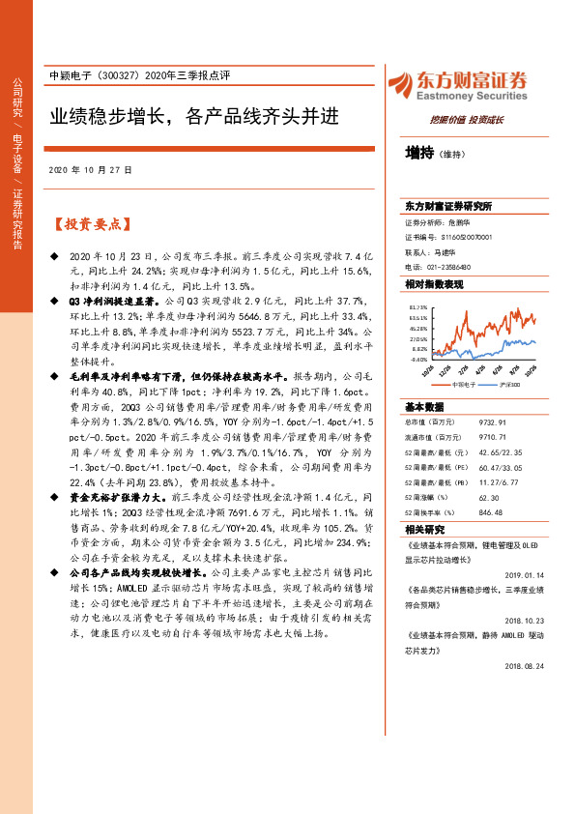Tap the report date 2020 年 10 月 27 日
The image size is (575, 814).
click(x=90, y=169)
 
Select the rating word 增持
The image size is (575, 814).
click(x=419, y=153)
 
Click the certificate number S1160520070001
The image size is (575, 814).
click(x=465, y=236)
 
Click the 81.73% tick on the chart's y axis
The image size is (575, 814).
click(x=417, y=306)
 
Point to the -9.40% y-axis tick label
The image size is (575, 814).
click(x=417, y=357)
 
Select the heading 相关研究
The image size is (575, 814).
click(x=424, y=530)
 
